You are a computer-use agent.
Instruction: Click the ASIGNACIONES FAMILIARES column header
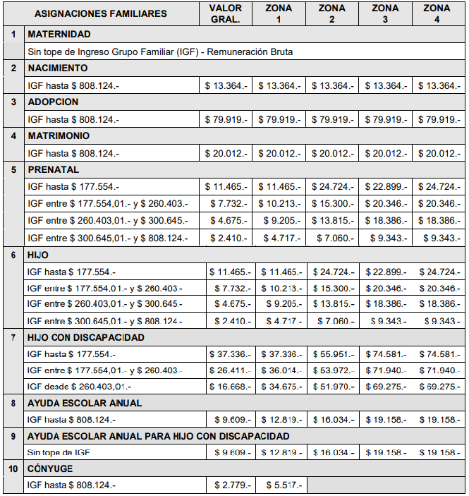[101, 13]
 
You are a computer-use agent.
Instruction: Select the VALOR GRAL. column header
[226, 13]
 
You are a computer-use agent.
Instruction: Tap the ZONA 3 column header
[385, 13]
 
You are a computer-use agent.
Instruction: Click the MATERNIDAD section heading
[59, 34]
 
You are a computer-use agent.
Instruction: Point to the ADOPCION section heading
[53, 102]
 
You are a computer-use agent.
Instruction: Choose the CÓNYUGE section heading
[50, 468]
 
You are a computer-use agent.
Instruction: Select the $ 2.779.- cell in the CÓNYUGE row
[231, 485]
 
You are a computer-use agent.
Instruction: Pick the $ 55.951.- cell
[334, 354]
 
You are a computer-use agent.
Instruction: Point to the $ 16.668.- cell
[229, 387]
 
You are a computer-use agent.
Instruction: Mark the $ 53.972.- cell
[334, 370]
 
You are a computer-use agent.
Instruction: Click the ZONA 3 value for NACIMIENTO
[385, 85]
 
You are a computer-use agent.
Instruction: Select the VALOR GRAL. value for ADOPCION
[226, 119]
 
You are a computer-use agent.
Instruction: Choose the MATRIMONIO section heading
[59, 135]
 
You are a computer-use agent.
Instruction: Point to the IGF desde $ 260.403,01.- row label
[79, 387]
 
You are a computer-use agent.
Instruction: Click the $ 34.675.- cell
[281, 387]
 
